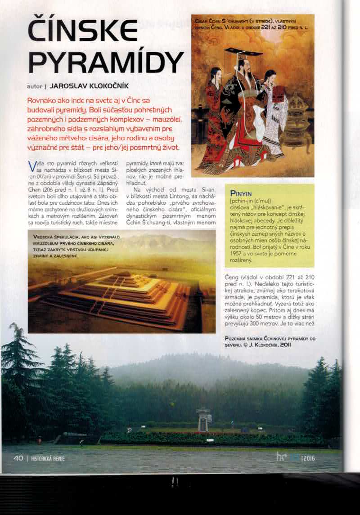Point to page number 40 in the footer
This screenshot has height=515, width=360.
(x=18, y=458)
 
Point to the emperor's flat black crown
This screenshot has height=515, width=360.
(x=243, y=52)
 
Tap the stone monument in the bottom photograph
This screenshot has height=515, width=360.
(x=203, y=418)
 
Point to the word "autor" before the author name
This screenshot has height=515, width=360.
(x=34, y=85)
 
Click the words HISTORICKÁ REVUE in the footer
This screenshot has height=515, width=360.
(x=48, y=459)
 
